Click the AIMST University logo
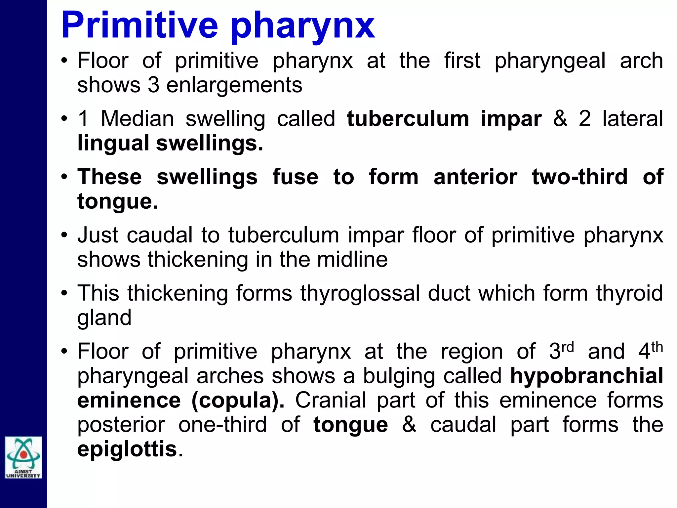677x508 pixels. pos(23,457)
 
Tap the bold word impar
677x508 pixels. pos(511,119)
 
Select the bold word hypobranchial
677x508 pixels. pos(586,376)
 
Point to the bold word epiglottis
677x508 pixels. pos(127,449)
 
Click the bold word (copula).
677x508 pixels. pos(238,400)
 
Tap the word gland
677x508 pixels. pos(104,318)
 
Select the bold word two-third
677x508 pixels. pos(579,177)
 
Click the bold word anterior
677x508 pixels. pos(475,177)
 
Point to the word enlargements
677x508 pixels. pos(234,85)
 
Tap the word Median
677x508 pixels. pos(137,119)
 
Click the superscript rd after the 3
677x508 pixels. pos(568,347)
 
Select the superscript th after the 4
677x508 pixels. pos(657,347)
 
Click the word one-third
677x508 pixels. pos(222,425)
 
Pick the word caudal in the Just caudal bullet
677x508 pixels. pos(160,235)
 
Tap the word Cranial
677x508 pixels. pos(331,400)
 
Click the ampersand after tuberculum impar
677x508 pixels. pos(560,119)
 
